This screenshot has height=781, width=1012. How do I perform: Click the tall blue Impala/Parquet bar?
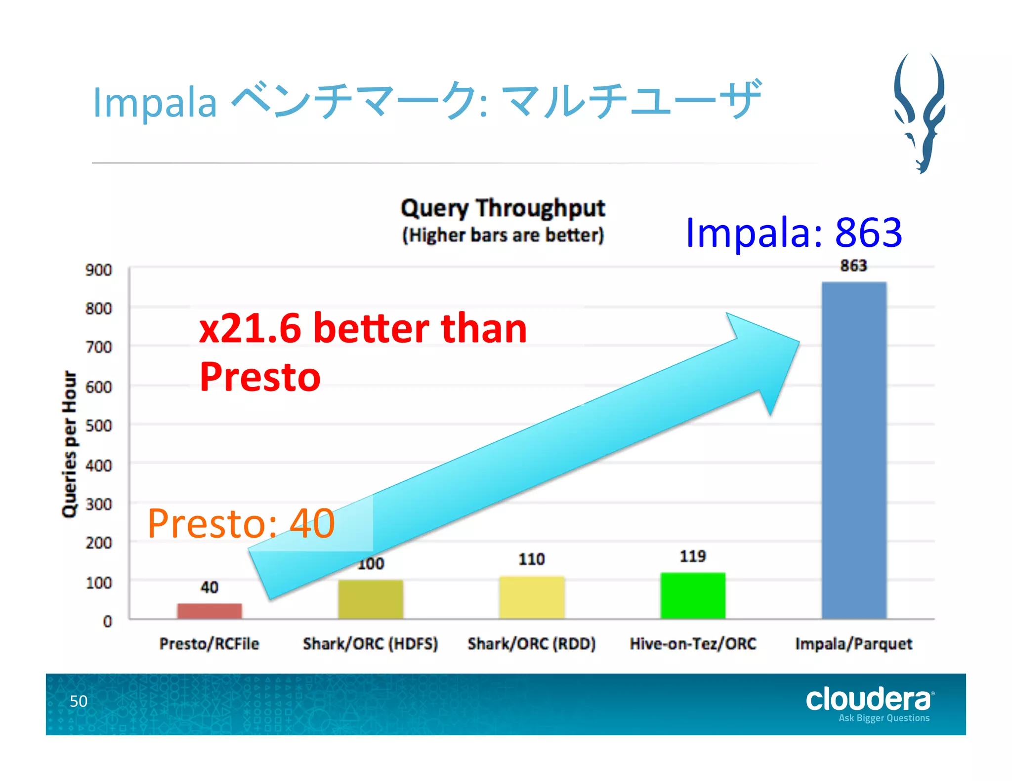click(x=854, y=449)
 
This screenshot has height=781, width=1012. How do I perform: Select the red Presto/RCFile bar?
click(x=210, y=611)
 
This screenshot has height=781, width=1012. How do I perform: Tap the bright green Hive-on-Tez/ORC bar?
click(x=693, y=595)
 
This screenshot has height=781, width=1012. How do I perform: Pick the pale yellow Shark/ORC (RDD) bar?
click(x=532, y=597)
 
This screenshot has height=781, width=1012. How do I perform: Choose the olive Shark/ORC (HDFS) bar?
click(x=371, y=599)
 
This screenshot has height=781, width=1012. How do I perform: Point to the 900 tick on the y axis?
click(x=98, y=270)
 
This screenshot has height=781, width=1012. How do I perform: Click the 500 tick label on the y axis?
click(x=98, y=426)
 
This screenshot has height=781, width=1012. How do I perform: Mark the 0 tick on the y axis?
click(x=107, y=621)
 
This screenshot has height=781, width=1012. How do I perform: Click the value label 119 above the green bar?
click(x=693, y=556)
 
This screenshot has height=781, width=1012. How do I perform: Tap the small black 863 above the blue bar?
click(x=853, y=266)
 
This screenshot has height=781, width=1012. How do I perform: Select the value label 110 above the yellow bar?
click(x=532, y=559)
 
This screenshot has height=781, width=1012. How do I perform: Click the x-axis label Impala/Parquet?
click(x=853, y=644)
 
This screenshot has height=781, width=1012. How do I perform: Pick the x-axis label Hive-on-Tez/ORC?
click(x=693, y=644)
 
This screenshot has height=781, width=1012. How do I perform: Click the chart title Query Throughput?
click(x=503, y=208)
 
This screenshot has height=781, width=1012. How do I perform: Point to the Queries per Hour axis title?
click(x=70, y=444)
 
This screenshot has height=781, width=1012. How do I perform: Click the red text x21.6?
click(x=250, y=328)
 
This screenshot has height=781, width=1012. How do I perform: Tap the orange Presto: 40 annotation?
click(x=241, y=523)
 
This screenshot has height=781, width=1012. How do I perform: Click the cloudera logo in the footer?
click(x=870, y=700)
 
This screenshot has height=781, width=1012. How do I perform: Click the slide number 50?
click(x=79, y=701)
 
